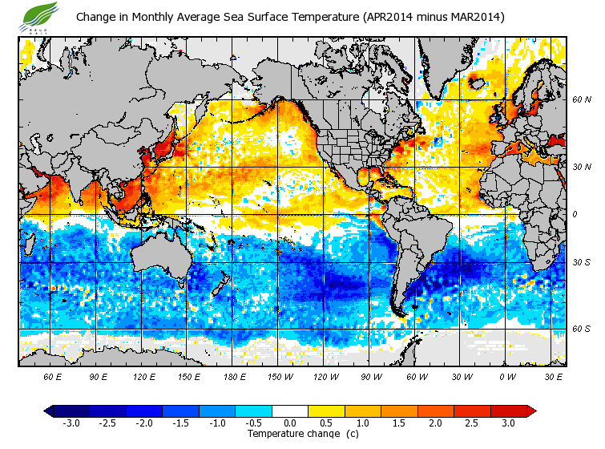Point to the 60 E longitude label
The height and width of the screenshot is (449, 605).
[53, 376]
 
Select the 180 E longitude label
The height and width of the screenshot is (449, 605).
[235, 376]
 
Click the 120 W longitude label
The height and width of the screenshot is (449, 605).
[325, 376]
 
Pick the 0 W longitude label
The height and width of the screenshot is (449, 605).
[506, 376]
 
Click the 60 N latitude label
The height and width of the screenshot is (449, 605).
[582, 100]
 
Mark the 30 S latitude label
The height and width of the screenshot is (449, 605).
[582, 262]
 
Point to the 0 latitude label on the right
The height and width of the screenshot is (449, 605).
[575, 214]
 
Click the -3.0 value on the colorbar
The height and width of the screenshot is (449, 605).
[71, 423]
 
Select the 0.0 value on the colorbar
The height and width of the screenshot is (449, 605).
[289, 423]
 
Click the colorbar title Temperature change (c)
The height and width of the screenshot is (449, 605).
[292, 434]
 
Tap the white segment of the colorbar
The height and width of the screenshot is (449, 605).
[289, 411]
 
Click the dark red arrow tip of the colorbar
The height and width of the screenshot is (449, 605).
[530, 411]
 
